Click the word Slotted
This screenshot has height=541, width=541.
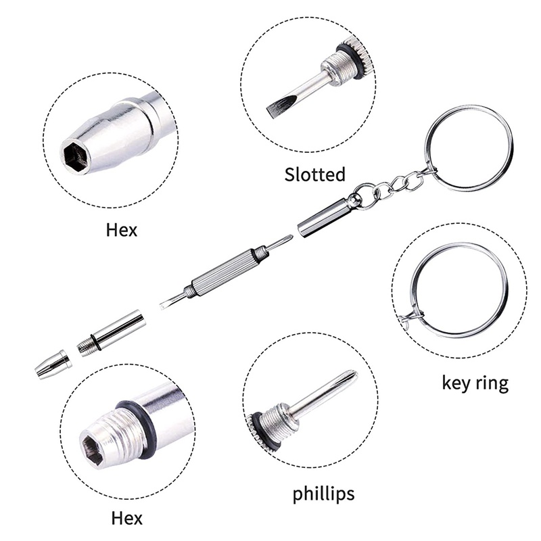click(314, 174)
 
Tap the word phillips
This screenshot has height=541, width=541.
click(323, 494)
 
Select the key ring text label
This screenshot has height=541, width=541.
click(475, 383)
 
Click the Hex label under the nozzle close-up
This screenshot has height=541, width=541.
click(122, 230)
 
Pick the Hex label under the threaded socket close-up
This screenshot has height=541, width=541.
click(126, 518)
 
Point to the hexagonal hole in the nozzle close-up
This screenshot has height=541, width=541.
click(76, 156)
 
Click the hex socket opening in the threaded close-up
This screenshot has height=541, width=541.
click(93, 448)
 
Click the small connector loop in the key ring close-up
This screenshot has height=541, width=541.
click(413, 314)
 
